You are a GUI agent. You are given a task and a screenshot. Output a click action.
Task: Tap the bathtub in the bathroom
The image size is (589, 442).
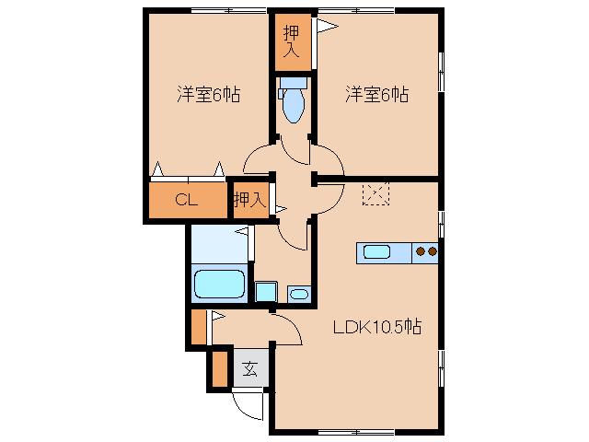tap(220, 285)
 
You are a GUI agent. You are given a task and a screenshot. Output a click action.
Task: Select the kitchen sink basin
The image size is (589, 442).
tap(378, 251)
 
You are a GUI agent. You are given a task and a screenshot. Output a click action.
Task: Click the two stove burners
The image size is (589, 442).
tap(425, 251)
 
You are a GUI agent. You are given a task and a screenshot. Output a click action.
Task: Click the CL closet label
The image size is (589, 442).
tap(187, 200)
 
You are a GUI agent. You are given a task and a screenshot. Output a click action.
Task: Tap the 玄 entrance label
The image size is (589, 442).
tap(249, 370)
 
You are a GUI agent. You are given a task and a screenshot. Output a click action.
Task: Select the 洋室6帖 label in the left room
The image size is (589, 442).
tap(209, 94)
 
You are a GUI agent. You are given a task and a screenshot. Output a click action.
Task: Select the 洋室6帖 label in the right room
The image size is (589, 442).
tap(377, 94)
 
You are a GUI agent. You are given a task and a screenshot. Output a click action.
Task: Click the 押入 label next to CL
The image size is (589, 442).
tap(248, 199)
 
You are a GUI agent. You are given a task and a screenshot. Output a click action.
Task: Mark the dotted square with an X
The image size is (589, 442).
tap(375, 194)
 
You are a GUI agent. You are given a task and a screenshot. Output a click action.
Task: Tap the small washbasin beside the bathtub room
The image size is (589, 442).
tap(299, 295)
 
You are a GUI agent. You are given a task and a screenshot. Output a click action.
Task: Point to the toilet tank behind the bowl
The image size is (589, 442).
tap(293, 83)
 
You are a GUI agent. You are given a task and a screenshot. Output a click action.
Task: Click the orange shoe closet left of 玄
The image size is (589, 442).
tap(219, 367)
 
